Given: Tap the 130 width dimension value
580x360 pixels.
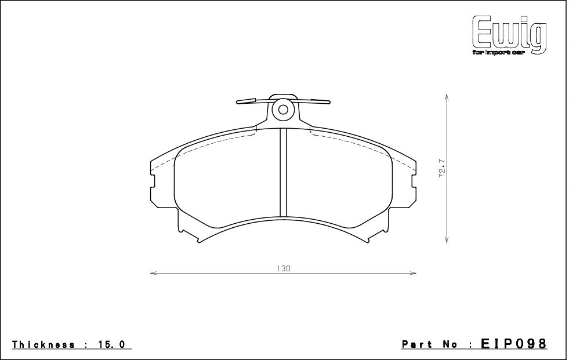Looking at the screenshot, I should pos(283,268).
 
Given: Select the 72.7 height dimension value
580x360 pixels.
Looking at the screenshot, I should pos(442,169).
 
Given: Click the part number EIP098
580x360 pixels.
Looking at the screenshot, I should pos(514,344).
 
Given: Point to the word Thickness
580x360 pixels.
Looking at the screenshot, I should pos(43,344).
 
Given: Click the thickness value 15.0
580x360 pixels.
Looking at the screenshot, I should pos(113,344).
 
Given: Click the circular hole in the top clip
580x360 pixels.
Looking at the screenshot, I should pos(284,109).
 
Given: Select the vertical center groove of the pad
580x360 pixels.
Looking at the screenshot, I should pos(284,173).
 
